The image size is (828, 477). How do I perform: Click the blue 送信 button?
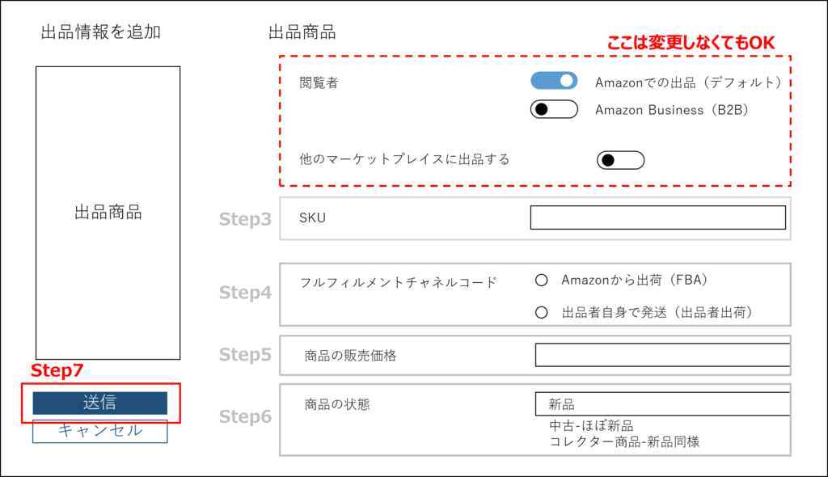(x=99, y=403)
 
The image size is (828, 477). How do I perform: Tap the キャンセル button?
(x=99, y=431)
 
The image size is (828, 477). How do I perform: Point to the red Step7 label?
(x=57, y=371)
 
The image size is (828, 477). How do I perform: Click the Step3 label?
(x=245, y=219)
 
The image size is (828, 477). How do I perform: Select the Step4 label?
(x=245, y=293)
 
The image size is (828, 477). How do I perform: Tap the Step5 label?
(x=245, y=355)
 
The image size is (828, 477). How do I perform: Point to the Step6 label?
(x=245, y=417)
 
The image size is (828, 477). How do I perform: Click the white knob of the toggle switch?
(x=567, y=81)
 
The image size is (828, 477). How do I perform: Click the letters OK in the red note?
(x=762, y=43)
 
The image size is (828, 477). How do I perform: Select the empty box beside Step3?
(x=534, y=218)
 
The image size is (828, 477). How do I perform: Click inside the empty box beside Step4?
(x=534, y=294)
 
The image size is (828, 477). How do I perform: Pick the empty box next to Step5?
(x=534, y=355)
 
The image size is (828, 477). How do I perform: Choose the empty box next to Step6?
(x=534, y=420)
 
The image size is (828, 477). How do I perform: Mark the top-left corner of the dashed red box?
(x=280, y=57)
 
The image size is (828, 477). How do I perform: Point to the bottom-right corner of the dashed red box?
(x=790, y=186)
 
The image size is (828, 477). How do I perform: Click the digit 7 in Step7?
(x=78, y=371)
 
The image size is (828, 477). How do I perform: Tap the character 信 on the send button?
(x=109, y=403)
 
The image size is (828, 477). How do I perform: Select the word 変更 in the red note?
(x=661, y=43)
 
